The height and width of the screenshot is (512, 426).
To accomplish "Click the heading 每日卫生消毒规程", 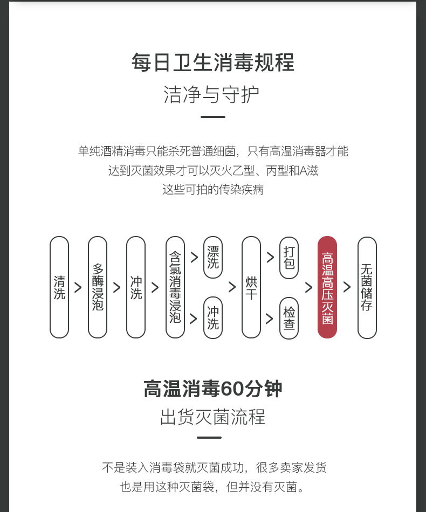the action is click(212, 63).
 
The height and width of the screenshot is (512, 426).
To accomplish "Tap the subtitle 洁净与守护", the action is click(211, 94).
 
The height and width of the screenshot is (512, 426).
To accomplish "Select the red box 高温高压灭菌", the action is click(327, 287).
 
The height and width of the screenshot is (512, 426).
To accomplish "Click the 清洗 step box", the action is click(59, 287).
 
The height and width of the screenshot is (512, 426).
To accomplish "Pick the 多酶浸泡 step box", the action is click(98, 287).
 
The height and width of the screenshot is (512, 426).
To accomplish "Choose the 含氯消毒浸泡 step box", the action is click(175, 287).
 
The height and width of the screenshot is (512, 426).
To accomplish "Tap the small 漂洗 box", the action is click(213, 258).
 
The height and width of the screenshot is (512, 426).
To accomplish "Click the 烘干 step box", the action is click(251, 287).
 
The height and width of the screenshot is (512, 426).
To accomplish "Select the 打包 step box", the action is click(289, 258).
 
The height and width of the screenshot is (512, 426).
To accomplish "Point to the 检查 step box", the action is click(289, 318).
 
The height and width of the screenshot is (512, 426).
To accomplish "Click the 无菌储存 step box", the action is click(367, 287).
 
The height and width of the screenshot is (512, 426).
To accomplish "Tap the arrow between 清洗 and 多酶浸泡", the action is click(78, 287).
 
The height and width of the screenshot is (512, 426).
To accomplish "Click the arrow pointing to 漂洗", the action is click(194, 258).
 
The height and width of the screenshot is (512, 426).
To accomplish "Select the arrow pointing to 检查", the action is click(270, 318).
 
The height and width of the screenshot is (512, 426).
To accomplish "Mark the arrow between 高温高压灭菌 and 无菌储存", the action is click(347, 287).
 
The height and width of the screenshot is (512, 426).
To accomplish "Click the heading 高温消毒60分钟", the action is click(212, 388).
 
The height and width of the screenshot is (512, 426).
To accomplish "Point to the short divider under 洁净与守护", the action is click(212, 116).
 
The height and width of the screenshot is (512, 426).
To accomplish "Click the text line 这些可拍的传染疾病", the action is click(213, 190).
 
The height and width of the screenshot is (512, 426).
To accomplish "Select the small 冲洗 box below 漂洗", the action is click(213, 318).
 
